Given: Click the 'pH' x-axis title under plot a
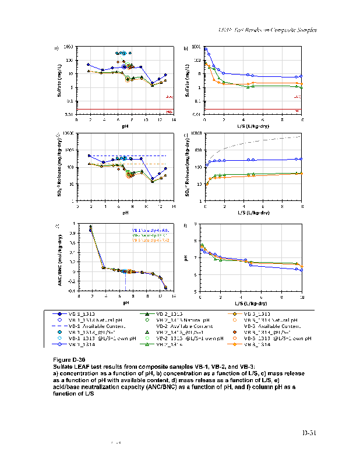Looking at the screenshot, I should [x=125, y=126].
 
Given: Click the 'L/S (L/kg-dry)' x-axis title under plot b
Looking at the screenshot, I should [x=253, y=126].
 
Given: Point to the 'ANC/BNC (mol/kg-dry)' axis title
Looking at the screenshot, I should [x=60, y=256].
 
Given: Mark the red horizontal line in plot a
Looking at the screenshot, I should [x=125, y=109].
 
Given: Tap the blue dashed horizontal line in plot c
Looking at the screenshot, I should [x=125, y=156].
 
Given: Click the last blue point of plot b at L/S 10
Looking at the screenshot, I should [x=301, y=76].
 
